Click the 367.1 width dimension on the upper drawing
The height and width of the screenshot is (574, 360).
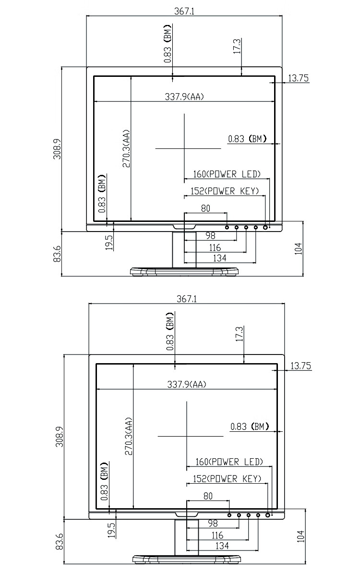point(184,12)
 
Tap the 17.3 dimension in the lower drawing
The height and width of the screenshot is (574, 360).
point(240,334)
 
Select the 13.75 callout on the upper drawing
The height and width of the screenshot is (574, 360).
point(298,78)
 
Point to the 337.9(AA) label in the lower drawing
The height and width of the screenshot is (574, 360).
point(187,384)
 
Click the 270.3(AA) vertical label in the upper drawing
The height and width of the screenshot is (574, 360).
point(126,148)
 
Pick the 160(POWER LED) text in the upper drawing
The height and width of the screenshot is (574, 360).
point(227,174)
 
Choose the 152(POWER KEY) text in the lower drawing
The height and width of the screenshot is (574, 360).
point(227,479)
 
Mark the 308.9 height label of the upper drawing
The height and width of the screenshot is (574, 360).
point(58,148)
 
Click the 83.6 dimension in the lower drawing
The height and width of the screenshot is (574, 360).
point(59,542)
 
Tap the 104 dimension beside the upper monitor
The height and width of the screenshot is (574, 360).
point(299,248)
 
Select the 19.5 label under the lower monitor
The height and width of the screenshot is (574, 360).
point(111,530)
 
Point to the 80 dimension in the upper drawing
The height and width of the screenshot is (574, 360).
point(205,208)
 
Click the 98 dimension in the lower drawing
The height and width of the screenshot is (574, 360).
point(213,523)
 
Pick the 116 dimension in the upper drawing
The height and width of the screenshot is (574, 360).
point(215,248)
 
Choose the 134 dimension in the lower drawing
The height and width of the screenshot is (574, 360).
point(222,546)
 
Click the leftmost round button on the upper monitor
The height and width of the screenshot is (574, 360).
point(227,227)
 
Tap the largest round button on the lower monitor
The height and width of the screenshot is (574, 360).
point(267,515)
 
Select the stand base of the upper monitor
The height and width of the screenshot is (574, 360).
point(185,271)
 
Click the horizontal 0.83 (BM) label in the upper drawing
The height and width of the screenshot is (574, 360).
point(247,139)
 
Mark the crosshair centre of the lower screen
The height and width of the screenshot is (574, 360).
point(187,436)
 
